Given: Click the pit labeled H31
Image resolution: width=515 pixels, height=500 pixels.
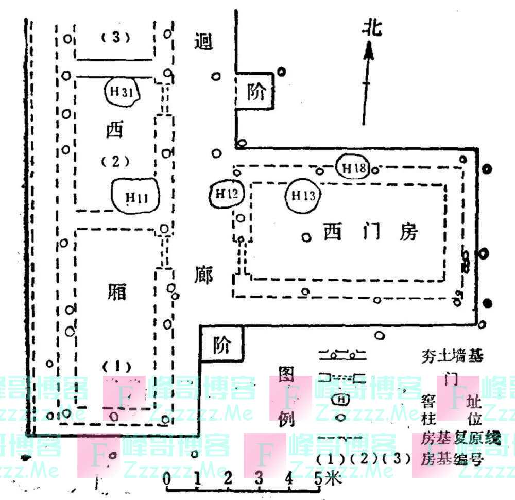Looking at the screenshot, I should tap(122, 92).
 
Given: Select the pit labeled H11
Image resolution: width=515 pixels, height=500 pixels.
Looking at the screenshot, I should tap(136, 196).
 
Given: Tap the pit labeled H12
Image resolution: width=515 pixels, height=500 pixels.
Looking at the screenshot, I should tap(227, 194).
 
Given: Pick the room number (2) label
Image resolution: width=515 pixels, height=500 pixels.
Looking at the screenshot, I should tap(114, 161).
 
